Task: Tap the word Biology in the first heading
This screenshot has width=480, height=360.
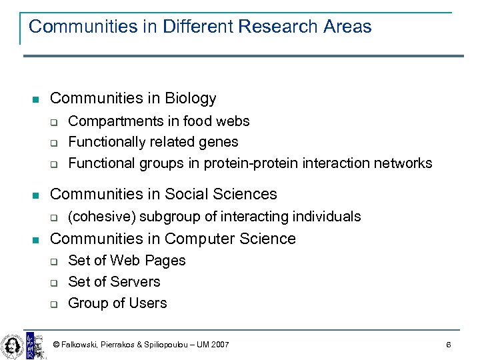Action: [x=191, y=99]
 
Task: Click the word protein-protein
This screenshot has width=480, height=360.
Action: [x=251, y=163]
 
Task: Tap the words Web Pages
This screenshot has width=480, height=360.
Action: [x=148, y=261]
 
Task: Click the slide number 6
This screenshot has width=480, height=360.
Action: [x=449, y=345]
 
